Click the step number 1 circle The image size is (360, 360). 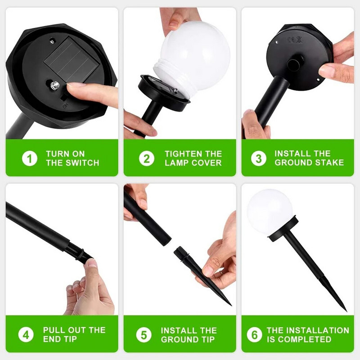click(30, 158)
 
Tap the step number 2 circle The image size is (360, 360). click(147, 158)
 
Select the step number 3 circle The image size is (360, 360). click(259, 158)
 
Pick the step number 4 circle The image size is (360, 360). click(26, 334)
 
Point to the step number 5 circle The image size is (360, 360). click(144, 335)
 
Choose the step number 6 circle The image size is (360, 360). click(254, 334)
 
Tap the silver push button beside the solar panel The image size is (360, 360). click(55, 85)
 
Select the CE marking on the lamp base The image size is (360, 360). click(295, 40)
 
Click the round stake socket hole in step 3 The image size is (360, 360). click(293, 65)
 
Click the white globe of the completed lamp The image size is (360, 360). click(270, 211)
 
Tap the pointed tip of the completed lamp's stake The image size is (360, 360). click(346, 311)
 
